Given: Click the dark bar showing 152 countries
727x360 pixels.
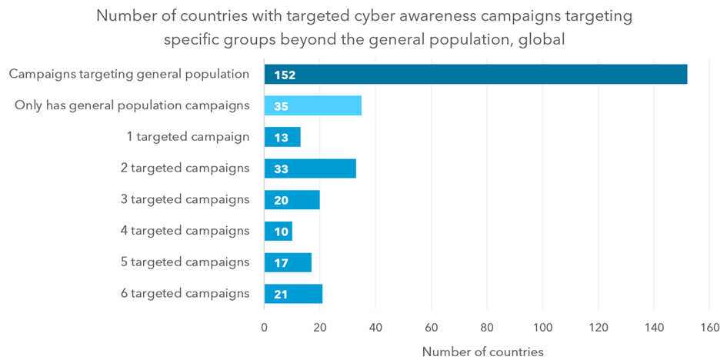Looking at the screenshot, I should pos(475,75).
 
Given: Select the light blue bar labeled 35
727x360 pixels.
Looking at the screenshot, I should pos(312,105).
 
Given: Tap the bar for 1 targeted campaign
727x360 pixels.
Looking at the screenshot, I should pos(282,137).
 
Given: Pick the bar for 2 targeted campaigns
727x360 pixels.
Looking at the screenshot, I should pos(310,168).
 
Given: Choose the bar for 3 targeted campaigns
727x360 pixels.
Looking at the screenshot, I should pos(292,199).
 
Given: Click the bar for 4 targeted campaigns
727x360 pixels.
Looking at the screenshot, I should pos(278,231).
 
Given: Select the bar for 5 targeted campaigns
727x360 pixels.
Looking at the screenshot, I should pos(288,262).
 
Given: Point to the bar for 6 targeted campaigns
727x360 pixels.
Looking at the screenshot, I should pos(293,293).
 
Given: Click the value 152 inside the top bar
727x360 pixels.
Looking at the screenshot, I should pos(285,75).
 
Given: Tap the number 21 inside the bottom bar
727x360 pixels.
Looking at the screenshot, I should pos(281,294).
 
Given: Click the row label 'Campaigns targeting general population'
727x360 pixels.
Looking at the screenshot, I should pos(129,75).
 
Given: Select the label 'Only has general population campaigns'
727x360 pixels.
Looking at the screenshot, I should pos(132,105).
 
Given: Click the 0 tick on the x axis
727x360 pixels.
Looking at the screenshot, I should pos(265,327).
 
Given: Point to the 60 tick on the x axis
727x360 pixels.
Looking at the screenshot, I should pos(432,327).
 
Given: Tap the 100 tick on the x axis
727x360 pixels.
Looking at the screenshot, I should pos(543,327).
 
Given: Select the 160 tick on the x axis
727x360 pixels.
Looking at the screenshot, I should pos(710,327).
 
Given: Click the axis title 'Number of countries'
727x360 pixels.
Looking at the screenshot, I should pos(482,352).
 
